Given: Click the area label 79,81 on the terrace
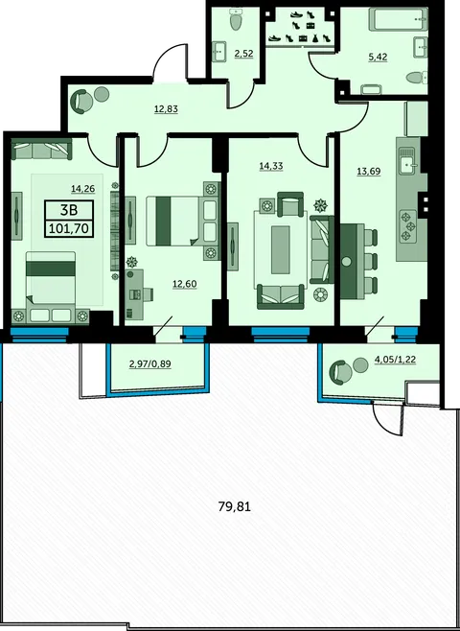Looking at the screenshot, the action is point(235,506).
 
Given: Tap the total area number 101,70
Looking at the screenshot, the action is point(69,229).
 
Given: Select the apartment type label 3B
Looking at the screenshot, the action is point(69,210).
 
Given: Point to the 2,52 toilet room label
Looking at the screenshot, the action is point(244,53).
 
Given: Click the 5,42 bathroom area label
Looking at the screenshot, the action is point(378,57).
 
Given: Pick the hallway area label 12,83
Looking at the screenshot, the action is point(166,108).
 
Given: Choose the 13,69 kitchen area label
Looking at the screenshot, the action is point(369,172).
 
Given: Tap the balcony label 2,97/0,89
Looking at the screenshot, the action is point(150,364).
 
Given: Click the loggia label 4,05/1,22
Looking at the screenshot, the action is point(395,360).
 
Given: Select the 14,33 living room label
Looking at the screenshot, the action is point(271,166).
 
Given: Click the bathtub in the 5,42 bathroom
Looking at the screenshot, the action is point(399,19).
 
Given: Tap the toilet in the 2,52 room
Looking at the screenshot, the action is point(235,19).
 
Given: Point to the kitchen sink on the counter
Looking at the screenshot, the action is point(407,161).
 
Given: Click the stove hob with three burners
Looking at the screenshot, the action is point(407,226).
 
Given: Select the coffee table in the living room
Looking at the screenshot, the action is point(280,250).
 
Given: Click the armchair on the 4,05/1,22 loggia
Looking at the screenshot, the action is point(340,372).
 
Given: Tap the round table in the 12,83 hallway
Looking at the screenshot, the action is point(102,95).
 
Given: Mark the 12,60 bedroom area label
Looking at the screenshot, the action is point(185,284).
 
